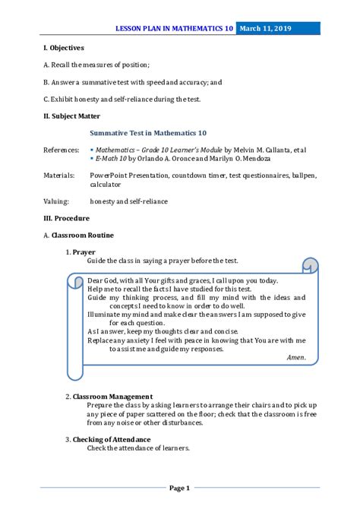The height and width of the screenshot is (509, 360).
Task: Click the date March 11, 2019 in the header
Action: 266,28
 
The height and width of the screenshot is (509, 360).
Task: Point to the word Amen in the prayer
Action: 296,357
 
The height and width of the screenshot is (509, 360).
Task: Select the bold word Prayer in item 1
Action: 84,251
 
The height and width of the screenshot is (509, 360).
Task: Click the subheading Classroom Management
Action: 112,396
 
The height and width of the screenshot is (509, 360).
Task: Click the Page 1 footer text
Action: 179,488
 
